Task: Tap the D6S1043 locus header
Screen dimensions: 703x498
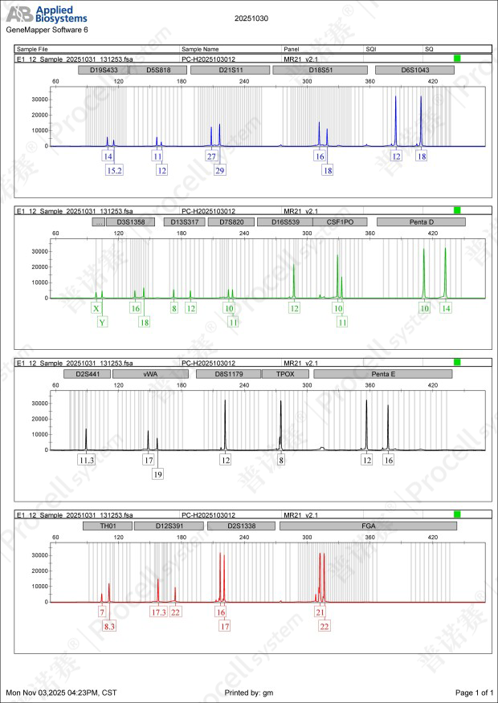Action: coord(414,70)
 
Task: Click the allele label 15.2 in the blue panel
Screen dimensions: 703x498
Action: coord(114,170)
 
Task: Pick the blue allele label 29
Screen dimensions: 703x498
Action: coord(220,170)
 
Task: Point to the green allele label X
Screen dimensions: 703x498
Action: coord(96,308)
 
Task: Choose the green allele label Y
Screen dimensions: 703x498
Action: coord(102,322)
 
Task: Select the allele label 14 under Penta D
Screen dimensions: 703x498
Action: coord(446,308)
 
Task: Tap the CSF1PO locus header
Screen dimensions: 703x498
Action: coord(340,221)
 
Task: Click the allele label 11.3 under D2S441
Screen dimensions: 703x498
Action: coord(86,460)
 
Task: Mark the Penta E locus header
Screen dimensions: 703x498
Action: coord(382,374)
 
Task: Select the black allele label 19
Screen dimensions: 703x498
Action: coord(158,473)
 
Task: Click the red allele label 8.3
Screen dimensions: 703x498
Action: coord(109,625)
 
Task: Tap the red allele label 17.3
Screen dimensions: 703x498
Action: coord(158,612)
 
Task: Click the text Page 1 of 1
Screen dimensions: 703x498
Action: coord(473,692)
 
